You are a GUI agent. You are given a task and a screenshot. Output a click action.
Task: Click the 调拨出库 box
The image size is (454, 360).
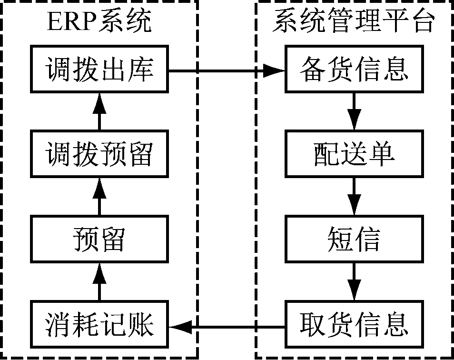(x=99, y=70)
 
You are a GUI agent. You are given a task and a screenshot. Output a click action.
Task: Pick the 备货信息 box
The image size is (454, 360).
(x=354, y=70)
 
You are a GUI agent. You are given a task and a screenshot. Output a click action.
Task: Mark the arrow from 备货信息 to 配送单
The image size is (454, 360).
(x=354, y=110)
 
